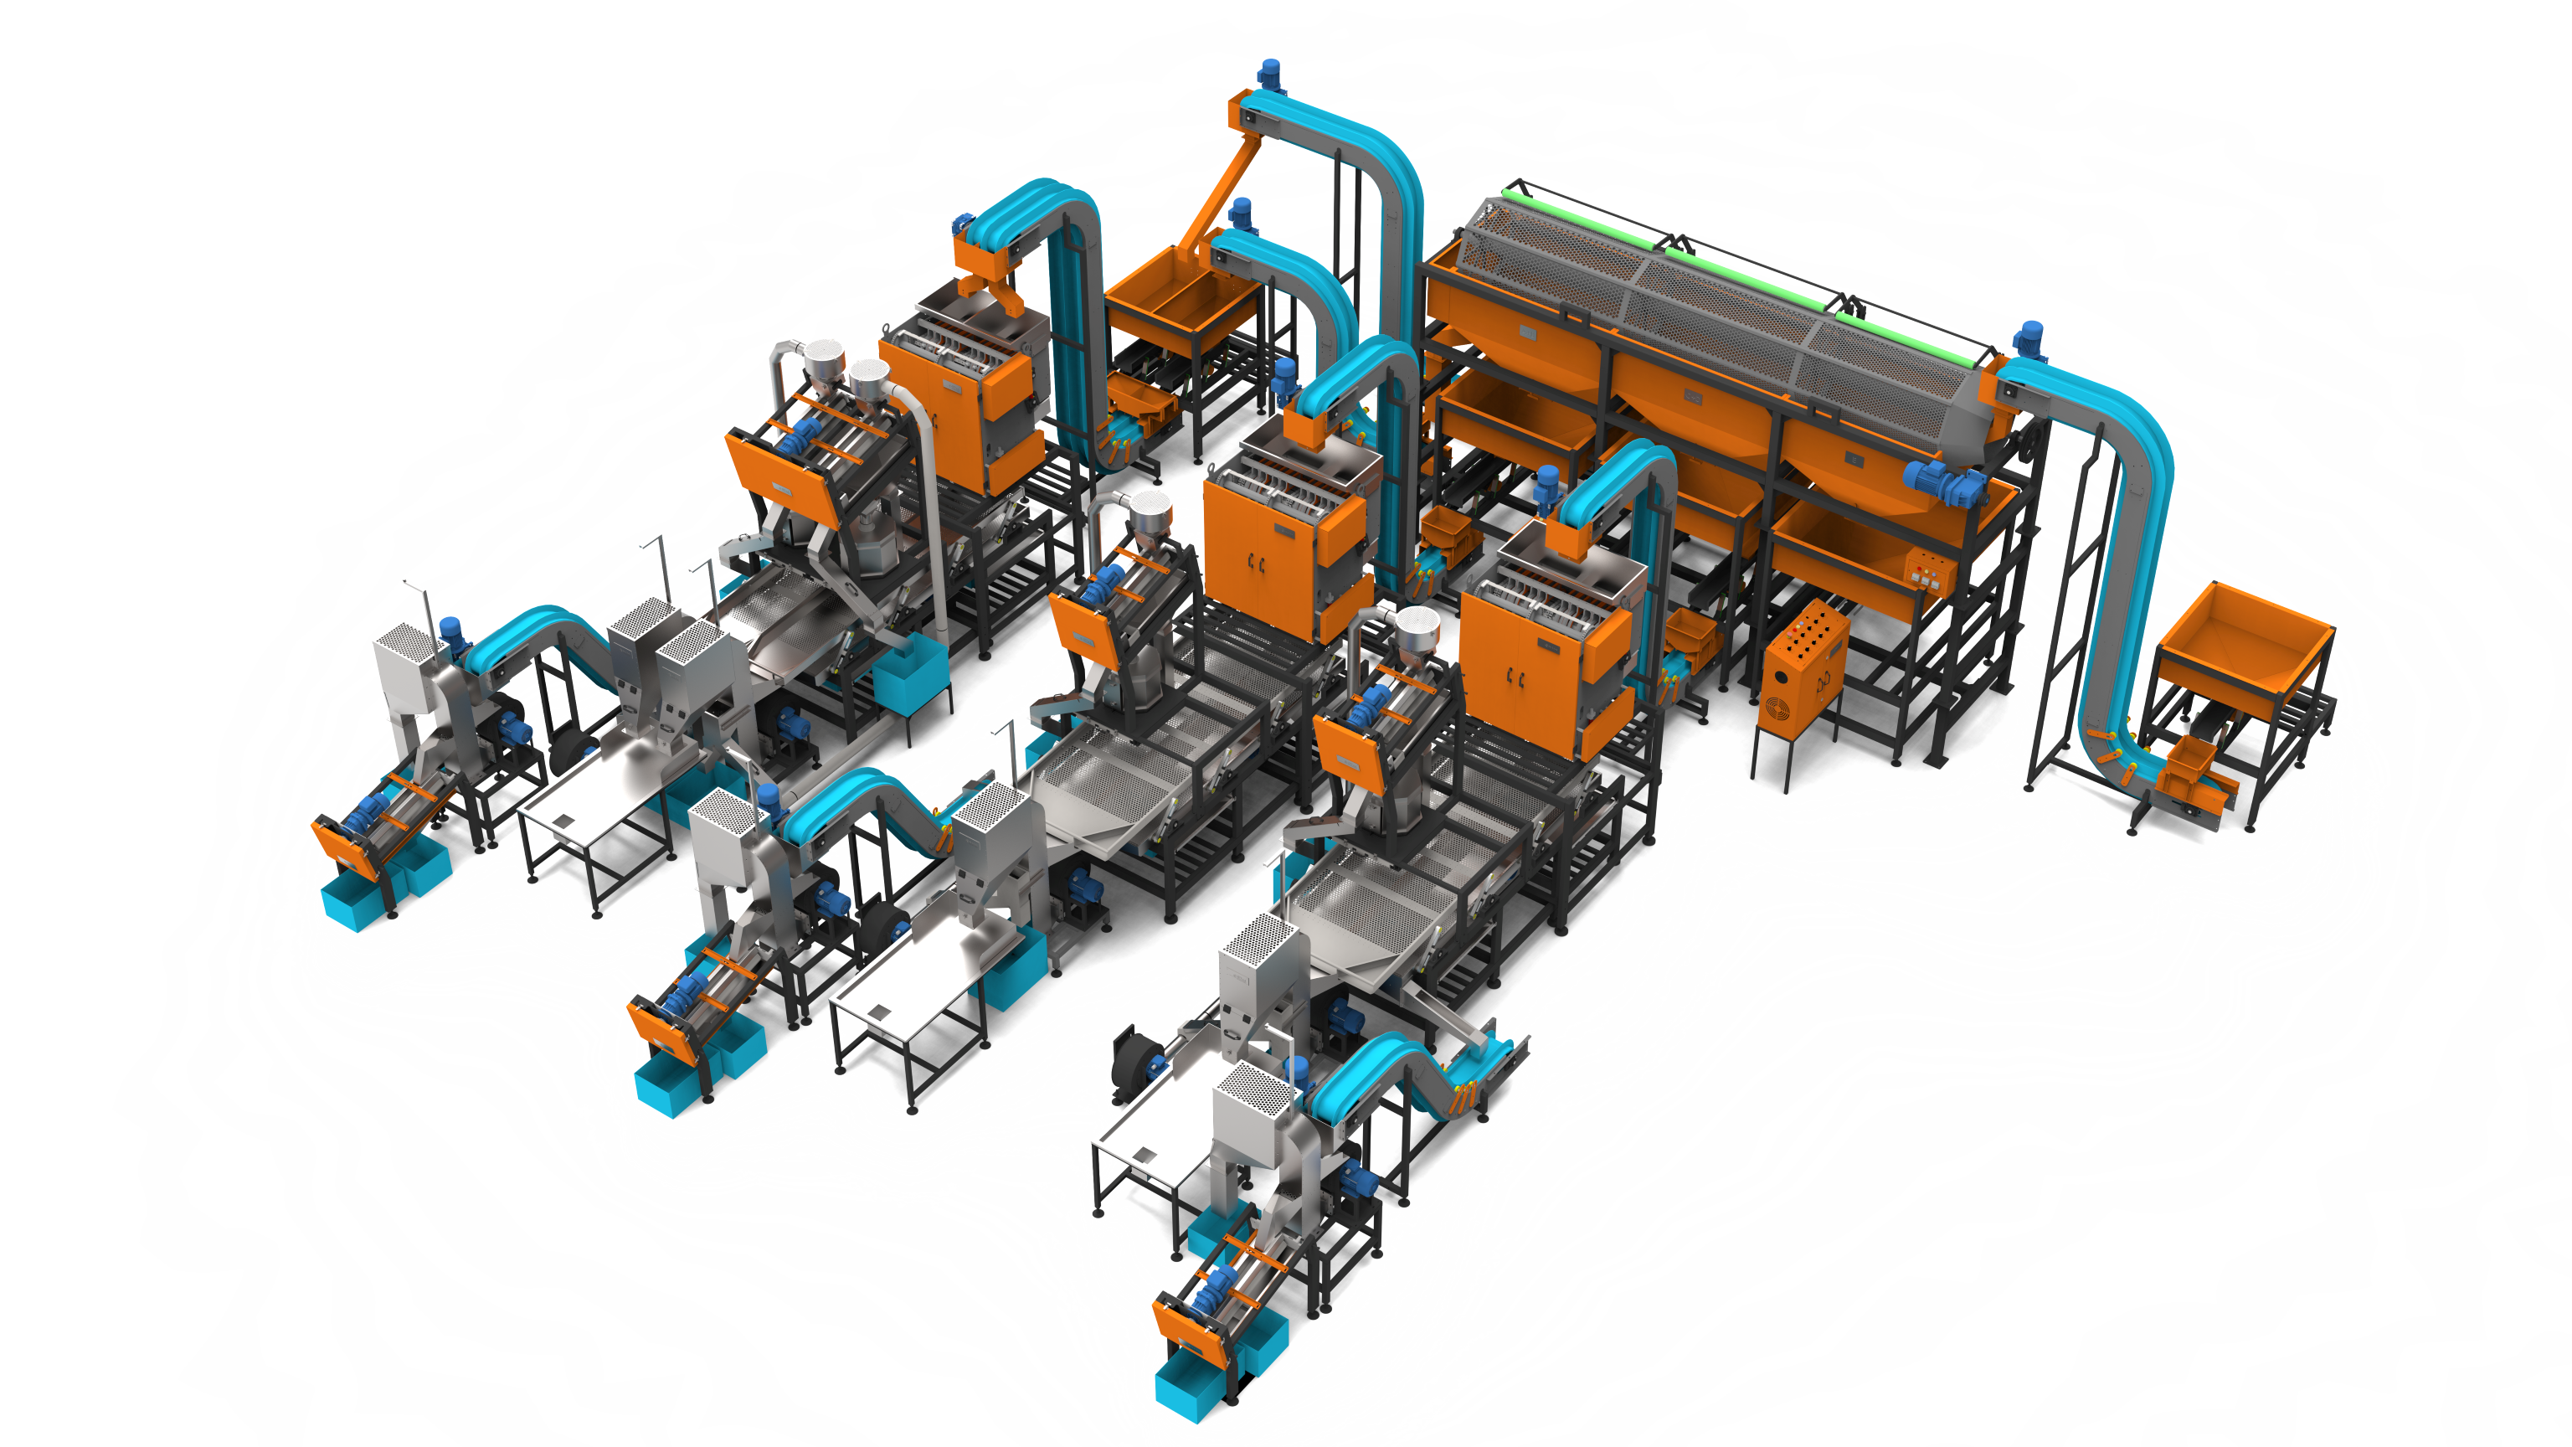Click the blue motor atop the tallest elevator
tap(1269, 73)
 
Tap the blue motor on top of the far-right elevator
tap(2031, 339)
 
